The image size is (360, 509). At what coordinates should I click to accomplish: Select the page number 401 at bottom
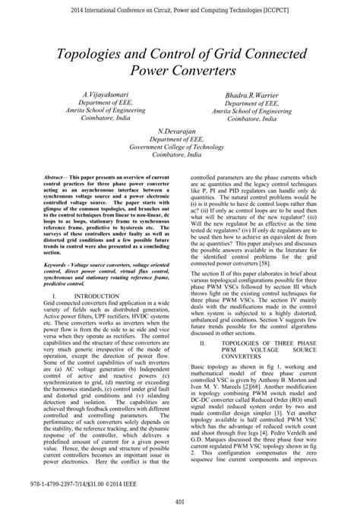point(180,501)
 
